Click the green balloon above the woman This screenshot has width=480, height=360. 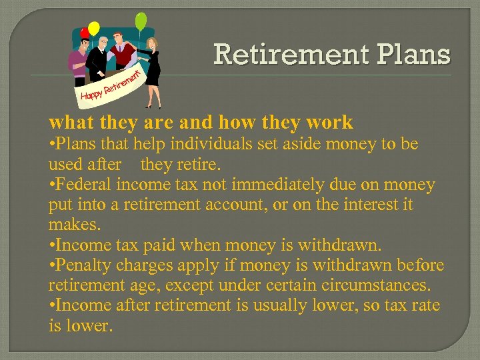click(x=141, y=21)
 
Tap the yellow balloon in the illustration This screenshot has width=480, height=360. click(x=94, y=29)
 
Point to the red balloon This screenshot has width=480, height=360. click(x=85, y=33)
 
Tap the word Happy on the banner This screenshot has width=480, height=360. click(x=91, y=96)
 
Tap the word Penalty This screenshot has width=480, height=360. click(x=85, y=265)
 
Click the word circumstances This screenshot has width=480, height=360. click(x=375, y=285)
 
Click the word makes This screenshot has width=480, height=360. click(x=69, y=225)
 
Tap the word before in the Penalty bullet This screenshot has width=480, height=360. click(x=417, y=265)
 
